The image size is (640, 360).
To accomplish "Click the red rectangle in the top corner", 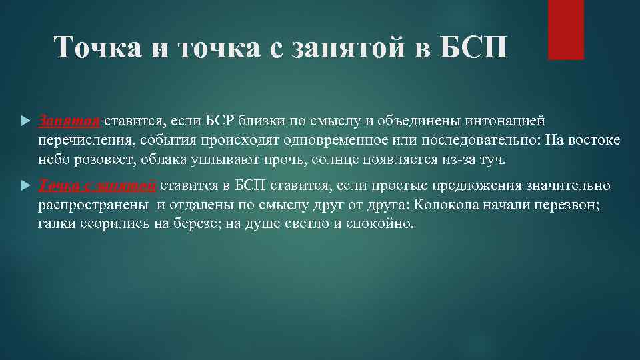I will pyautogui.click(x=565, y=29).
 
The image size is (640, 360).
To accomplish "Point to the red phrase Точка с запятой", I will pyautogui.click(x=97, y=186).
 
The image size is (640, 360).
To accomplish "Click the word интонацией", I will pyautogui.click(x=511, y=121).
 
